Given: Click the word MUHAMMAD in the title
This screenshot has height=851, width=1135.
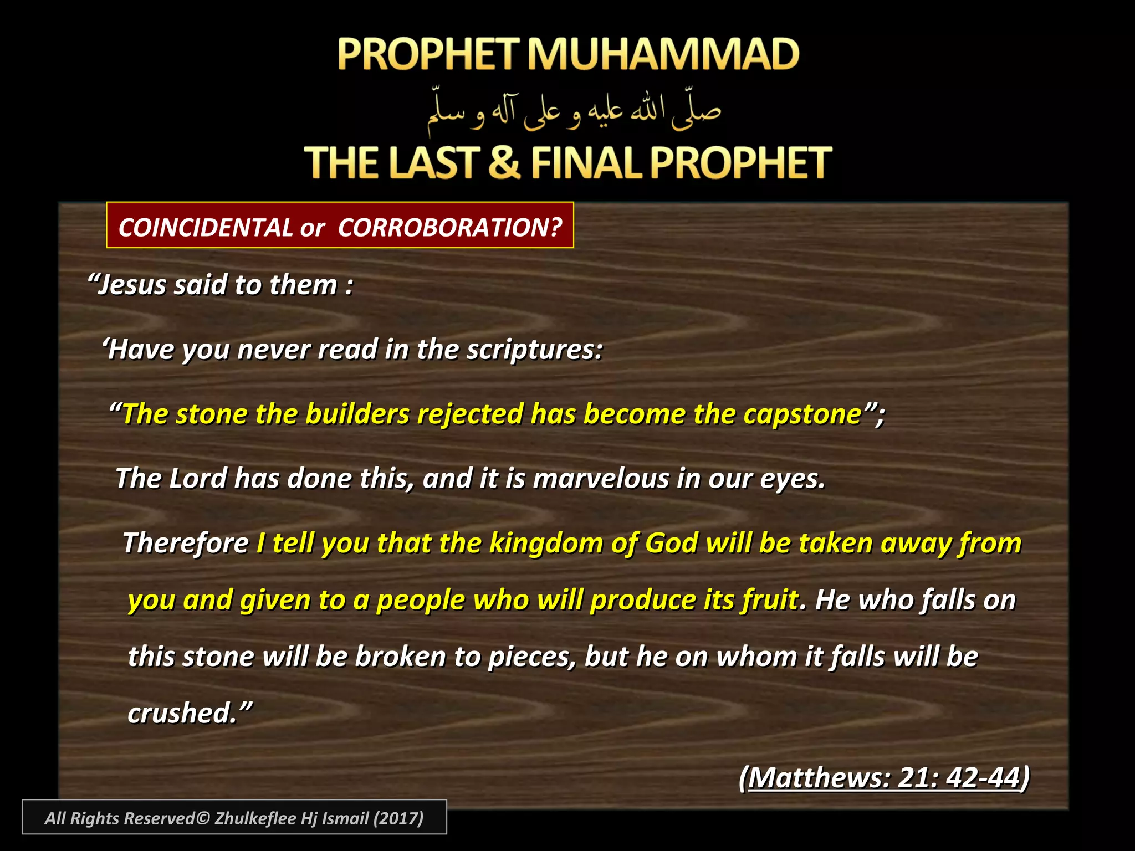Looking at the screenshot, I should tap(662, 54).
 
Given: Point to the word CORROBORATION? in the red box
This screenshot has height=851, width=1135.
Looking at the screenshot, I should tap(449, 228).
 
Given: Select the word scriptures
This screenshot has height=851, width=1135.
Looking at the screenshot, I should tap(533, 349).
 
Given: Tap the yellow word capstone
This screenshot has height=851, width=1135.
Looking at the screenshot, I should tap(802, 414).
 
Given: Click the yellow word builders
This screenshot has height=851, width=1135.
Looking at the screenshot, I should tap(357, 414).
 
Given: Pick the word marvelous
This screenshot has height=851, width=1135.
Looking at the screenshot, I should tap(601, 478).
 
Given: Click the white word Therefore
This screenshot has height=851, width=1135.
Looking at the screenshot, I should tap(186, 543).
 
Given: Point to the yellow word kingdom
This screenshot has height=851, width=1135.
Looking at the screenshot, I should tap(546, 543).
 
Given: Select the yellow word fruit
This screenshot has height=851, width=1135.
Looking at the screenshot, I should tap(770, 599).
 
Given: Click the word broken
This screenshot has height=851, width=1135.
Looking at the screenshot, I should tap(400, 657).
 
